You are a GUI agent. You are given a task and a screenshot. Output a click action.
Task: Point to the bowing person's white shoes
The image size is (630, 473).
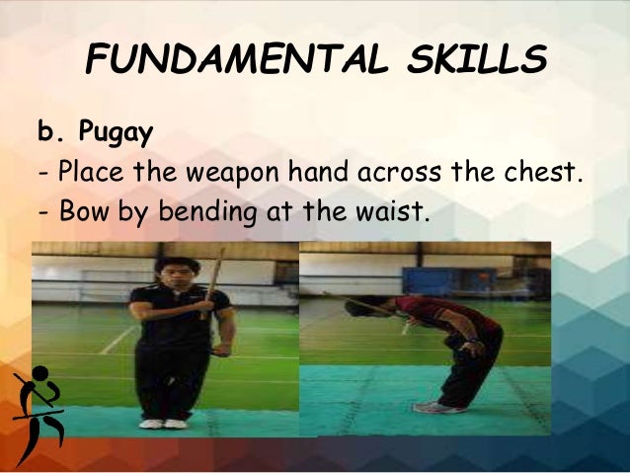coord(433,407)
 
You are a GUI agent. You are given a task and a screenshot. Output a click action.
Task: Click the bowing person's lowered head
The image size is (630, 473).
coord(355,308)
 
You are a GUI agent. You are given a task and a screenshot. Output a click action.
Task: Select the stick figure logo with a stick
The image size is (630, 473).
coord(38,405)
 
